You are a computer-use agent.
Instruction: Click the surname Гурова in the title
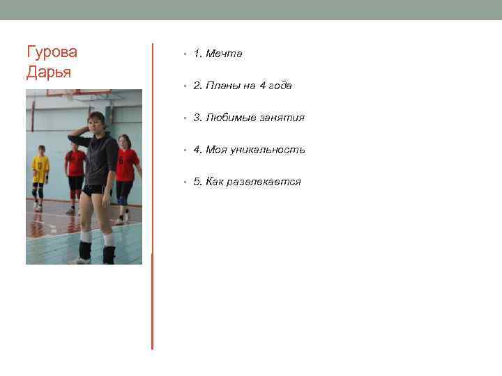(52, 52)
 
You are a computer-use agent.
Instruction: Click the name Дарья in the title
(49, 72)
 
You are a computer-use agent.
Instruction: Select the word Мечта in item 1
(224, 54)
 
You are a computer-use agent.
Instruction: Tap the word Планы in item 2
(222, 86)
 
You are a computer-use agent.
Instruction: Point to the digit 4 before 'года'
(263, 86)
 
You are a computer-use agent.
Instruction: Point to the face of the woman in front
(97, 123)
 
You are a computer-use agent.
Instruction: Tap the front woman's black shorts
(96, 189)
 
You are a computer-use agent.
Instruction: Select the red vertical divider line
(152, 195)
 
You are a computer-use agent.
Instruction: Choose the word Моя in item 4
(217, 150)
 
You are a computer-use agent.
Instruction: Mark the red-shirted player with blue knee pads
(125, 174)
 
